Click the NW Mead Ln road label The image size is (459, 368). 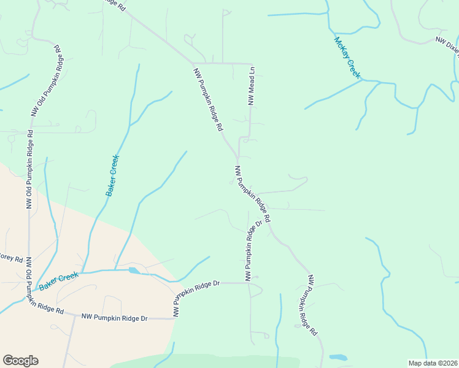251,86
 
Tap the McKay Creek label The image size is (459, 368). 347,58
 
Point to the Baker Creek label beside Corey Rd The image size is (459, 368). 59,281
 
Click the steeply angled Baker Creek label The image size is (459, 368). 112,175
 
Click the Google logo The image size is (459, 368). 20,361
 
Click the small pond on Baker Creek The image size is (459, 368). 133,270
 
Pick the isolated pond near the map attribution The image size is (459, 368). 338,357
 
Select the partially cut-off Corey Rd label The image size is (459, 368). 11,258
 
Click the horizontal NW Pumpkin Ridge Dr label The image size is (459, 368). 115,318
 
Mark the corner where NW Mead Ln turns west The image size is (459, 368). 252,64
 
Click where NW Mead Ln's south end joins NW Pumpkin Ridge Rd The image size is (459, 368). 237,158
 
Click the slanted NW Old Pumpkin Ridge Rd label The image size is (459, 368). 47,80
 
